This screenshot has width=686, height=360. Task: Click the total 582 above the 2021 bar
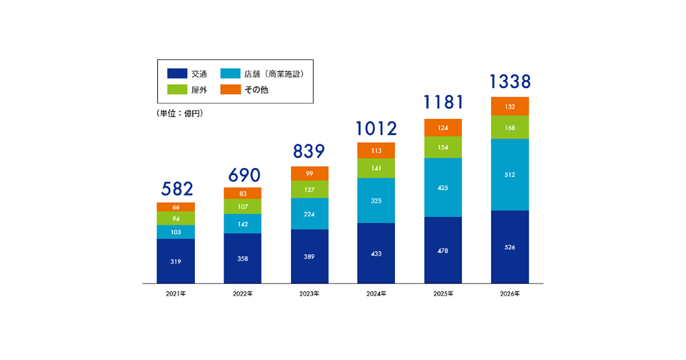pyautogui.click(x=176, y=189)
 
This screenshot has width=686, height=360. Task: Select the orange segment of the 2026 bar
pyautogui.click(x=510, y=106)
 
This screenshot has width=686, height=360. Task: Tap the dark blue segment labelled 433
pyautogui.click(x=376, y=253)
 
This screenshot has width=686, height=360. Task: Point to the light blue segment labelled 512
pyautogui.click(x=510, y=175)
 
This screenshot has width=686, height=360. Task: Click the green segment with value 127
pyautogui.click(x=309, y=190)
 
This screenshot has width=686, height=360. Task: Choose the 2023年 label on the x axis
pyautogui.click(x=309, y=294)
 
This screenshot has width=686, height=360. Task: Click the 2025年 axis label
pyautogui.click(x=443, y=294)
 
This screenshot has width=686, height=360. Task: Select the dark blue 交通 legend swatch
pyautogui.click(x=177, y=74)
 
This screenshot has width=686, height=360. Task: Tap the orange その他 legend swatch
pyautogui.click(x=230, y=90)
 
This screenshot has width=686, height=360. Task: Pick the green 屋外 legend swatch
pyautogui.click(x=177, y=90)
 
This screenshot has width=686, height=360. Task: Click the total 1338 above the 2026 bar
pyautogui.click(x=510, y=82)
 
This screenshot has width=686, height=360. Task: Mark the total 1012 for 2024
pyautogui.click(x=376, y=129)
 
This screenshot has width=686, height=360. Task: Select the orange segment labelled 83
pyautogui.click(x=242, y=193)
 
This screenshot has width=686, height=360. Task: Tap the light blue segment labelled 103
pyautogui.click(x=176, y=232)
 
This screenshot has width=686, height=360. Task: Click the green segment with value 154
pyautogui.click(x=443, y=147)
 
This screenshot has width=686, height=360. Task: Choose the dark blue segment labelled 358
pyautogui.click(x=242, y=258)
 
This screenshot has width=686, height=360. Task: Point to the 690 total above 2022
pyautogui.click(x=242, y=174)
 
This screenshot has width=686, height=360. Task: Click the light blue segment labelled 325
pyautogui.click(x=376, y=201)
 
